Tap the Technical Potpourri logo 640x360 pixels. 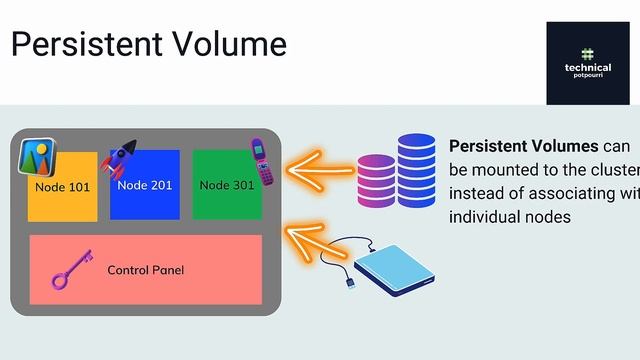pos(587,62)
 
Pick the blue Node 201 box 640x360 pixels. pos(144,186)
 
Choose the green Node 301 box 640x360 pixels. pos(226,186)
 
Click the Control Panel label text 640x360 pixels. pos(145,270)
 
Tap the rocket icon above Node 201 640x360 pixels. pos(119,158)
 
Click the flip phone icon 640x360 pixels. pos(262,162)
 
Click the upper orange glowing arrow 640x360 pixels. pos(320,166)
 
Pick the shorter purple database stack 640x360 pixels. pos(376,181)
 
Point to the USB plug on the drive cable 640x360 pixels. pos(349,284)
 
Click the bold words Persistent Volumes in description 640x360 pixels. pos(523,145)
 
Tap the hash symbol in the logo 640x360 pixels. pos(587,53)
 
